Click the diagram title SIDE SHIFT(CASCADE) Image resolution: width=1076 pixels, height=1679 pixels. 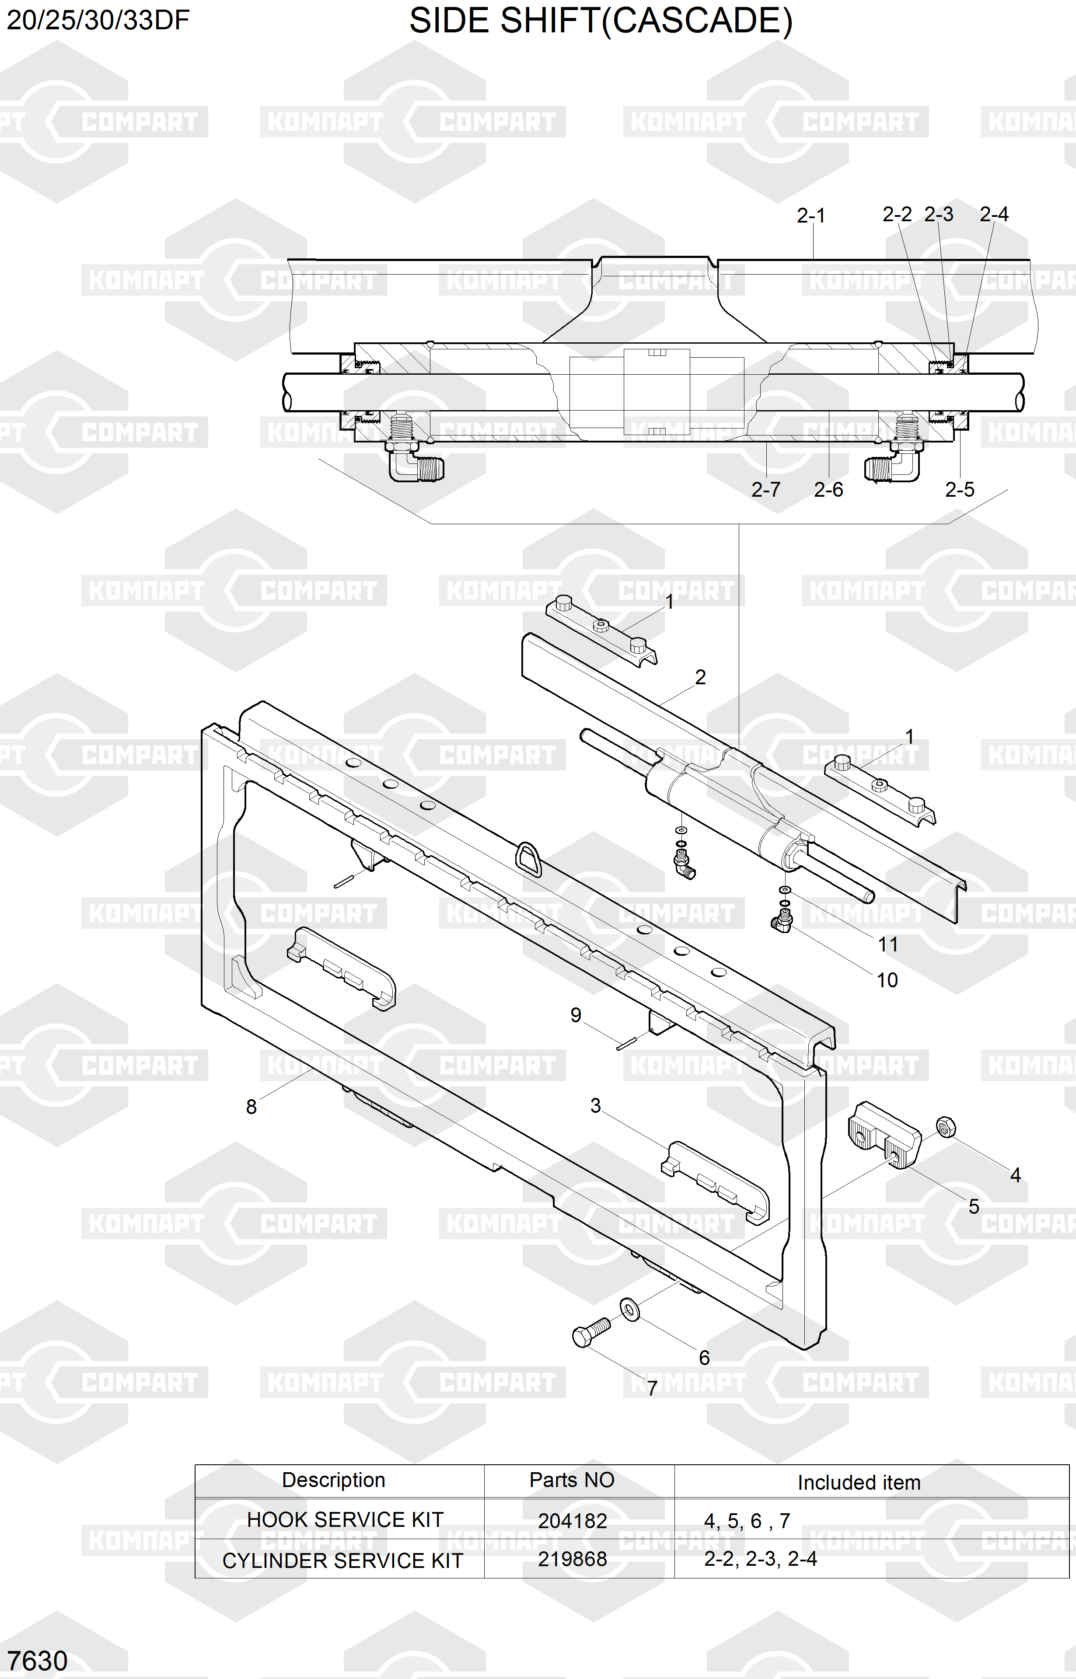tap(601, 21)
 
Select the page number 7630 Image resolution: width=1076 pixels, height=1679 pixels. tap(38, 1660)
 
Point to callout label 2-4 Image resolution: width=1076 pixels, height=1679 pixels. tap(994, 214)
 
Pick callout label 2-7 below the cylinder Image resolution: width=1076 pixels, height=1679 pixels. tap(766, 490)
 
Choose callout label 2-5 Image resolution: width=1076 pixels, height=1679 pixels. tap(959, 490)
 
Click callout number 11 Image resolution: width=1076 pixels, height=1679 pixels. tap(888, 945)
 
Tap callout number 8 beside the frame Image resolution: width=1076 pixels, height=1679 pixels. tap(252, 1107)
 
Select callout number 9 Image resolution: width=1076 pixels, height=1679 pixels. tap(576, 1016)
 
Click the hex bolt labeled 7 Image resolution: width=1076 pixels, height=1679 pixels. tap(591, 1333)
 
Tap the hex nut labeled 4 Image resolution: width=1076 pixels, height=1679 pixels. tap(945, 1127)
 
